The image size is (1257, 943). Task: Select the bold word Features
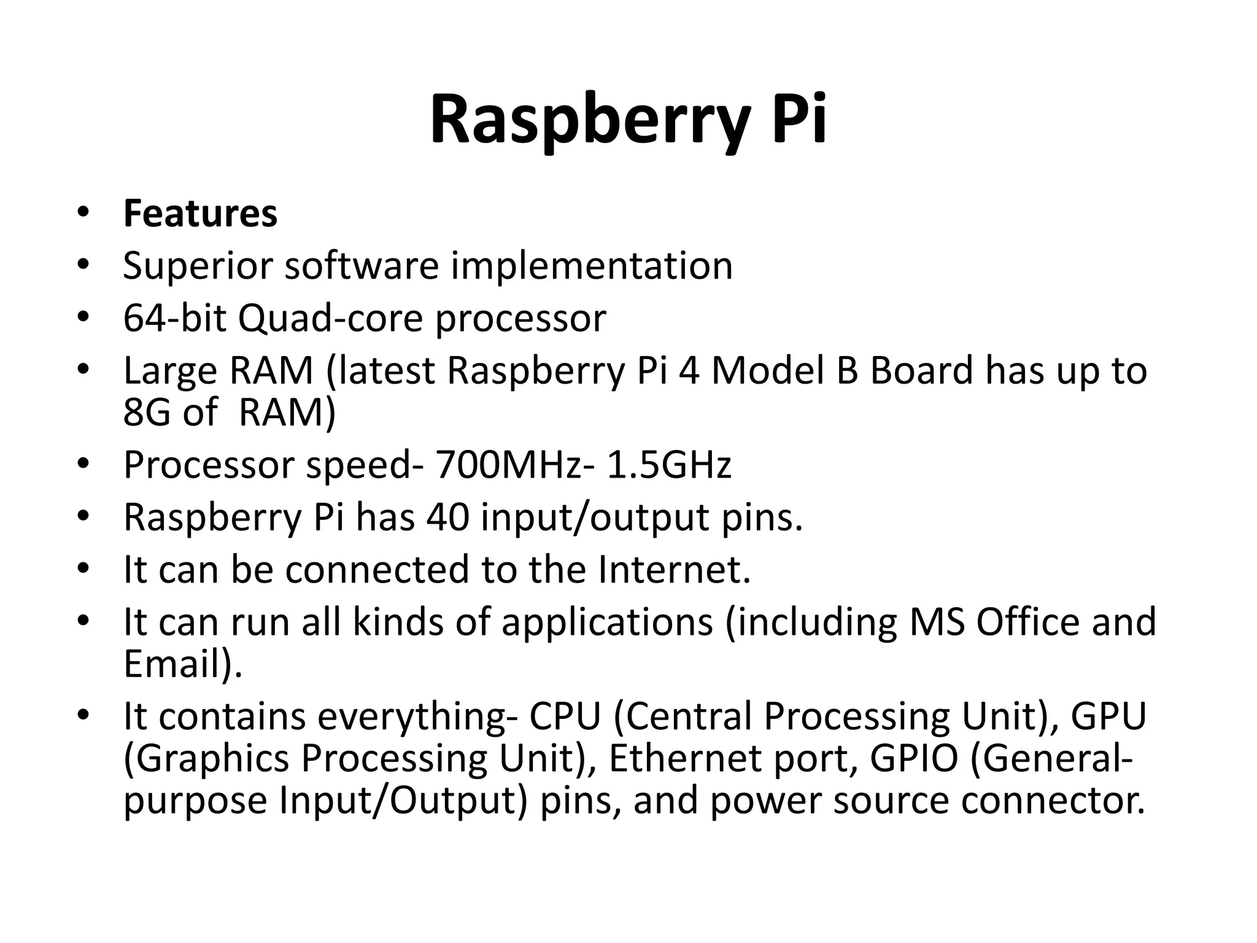(201, 214)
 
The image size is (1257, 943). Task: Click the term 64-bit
(174, 318)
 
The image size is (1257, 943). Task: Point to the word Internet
(674, 569)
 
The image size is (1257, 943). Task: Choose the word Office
(1027, 621)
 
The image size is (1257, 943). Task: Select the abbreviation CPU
(565, 716)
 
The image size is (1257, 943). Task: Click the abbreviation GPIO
(915, 758)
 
